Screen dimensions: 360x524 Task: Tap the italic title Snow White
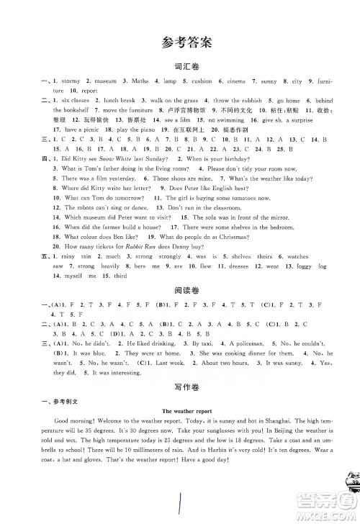[x=125, y=157]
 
